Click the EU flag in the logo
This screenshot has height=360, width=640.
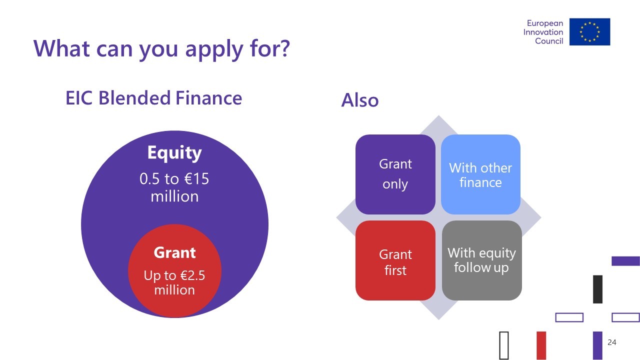[589, 31]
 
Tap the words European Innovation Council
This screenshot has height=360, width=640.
[543, 32]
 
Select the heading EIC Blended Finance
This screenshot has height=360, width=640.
[154, 98]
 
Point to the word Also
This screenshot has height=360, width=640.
[360, 100]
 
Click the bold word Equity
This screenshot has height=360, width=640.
[174, 153]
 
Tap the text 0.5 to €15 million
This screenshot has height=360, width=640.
[174, 187]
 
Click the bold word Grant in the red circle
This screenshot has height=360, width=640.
[174, 252]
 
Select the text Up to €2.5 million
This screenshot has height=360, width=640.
[174, 282]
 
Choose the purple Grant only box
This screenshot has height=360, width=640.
[395, 174]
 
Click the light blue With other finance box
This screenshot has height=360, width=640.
[480, 174]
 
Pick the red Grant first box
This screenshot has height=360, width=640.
[395, 260]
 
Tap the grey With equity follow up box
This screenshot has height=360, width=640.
[481, 260]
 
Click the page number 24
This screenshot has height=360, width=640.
[612, 342]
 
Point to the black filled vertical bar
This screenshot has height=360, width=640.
[597, 289]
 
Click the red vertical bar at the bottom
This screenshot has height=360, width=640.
[541, 345]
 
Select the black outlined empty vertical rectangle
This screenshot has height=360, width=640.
[504, 345]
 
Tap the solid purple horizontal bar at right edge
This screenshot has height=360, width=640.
[625, 261]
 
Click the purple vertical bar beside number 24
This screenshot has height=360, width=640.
[597, 345]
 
